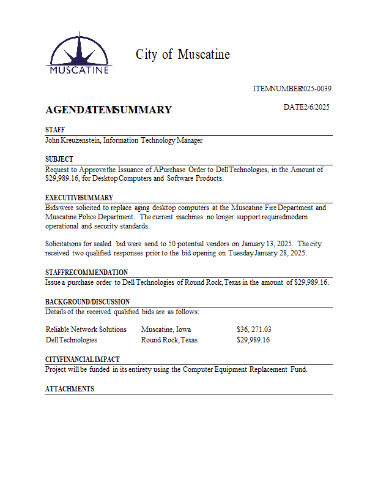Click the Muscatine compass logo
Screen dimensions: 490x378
click(x=80, y=54)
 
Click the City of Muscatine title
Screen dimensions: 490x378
click(x=183, y=55)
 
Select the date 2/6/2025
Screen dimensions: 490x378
click(x=317, y=107)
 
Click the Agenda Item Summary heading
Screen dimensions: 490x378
click(x=108, y=110)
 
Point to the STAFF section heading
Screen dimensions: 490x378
click(x=55, y=130)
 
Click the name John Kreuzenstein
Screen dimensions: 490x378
click(x=73, y=140)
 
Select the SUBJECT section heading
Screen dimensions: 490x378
click(x=59, y=159)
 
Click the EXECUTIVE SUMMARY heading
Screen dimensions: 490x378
click(x=79, y=198)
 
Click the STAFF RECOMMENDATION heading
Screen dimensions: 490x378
click(x=86, y=273)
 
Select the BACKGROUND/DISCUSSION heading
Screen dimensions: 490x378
click(x=87, y=302)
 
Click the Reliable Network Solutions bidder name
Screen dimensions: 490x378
click(x=86, y=330)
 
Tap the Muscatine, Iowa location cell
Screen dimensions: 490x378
click(x=166, y=330)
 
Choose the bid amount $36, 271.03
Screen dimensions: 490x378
click(x=254, y=330)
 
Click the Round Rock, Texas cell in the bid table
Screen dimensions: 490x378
click(x=169, y=340)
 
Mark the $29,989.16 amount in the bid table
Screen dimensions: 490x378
click(x=253, y=340)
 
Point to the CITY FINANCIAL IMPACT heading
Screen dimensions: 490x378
click(x=83, y=360)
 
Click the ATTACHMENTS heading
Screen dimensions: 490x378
click(x=70, y=389)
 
